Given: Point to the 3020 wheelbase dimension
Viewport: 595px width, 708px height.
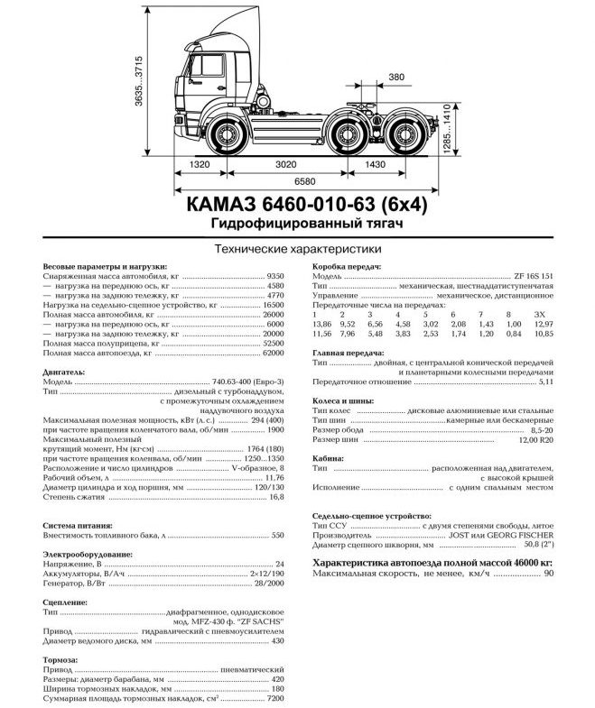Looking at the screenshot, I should pos(285,165).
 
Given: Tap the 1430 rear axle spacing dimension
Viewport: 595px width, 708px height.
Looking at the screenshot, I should pos(372,165).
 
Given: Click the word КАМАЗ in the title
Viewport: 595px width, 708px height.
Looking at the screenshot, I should pos(220,204).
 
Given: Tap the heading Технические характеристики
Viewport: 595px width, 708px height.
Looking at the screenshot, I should pos(295,248).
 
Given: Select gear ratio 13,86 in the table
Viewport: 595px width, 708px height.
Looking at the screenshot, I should pos(320,323).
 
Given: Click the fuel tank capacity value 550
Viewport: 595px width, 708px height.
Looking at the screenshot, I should pos(277,536).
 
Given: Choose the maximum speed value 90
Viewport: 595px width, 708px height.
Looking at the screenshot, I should pos(548,575).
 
